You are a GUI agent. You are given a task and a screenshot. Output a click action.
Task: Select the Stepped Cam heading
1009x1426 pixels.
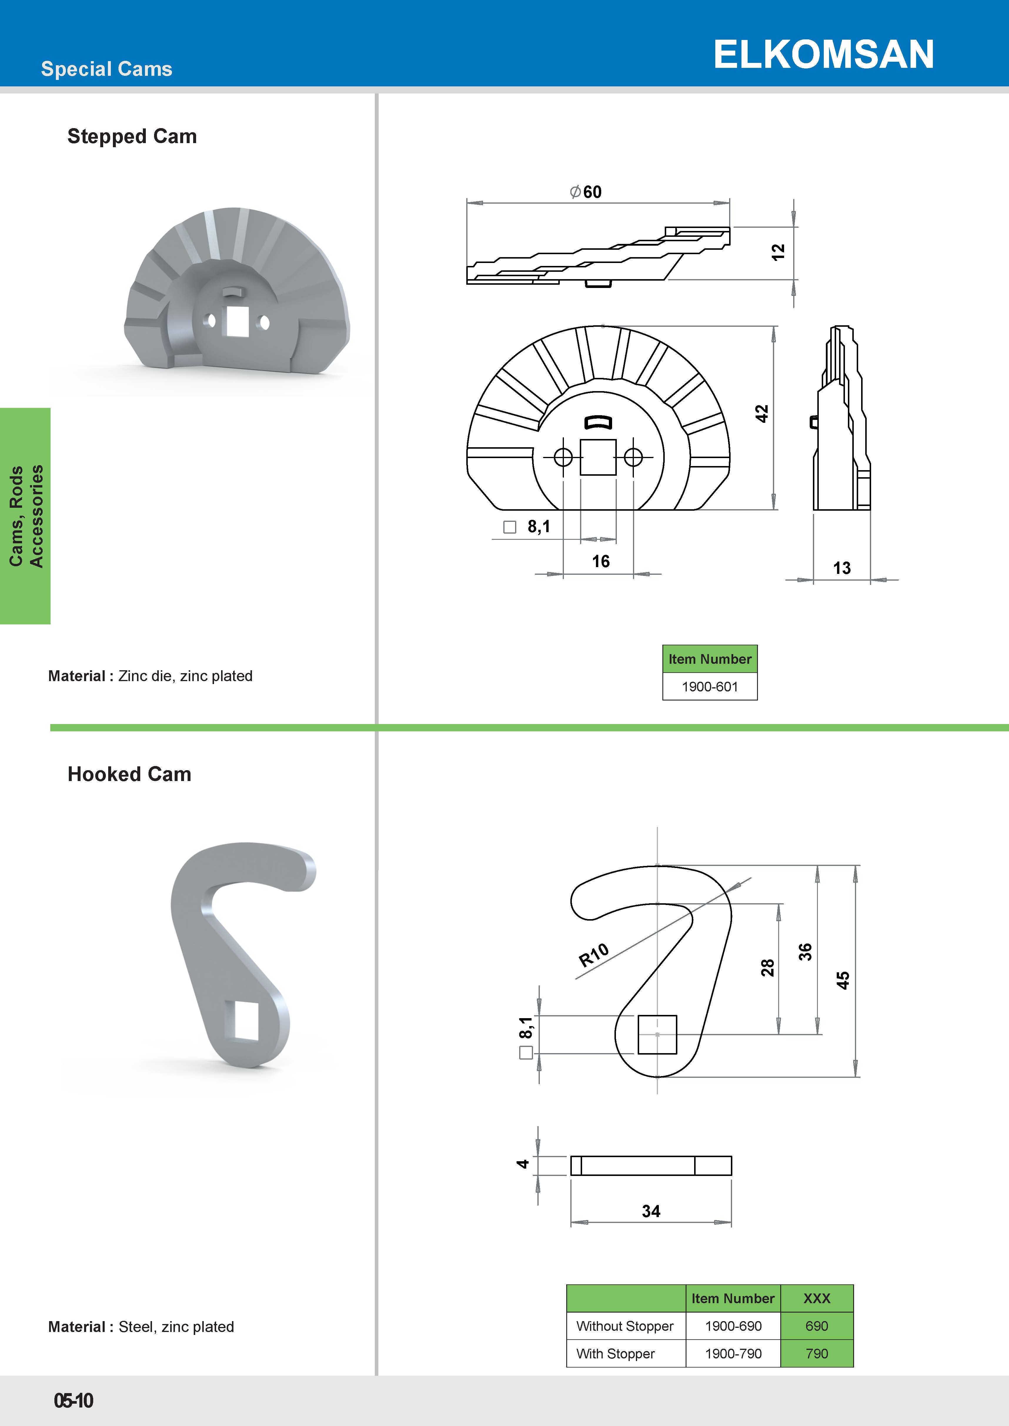click(x=132, y=136)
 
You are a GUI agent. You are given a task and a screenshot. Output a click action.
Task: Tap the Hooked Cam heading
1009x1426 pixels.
click(x=129, y=774)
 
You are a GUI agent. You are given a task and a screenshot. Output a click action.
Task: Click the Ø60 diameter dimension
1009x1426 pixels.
click(x=585, y=192)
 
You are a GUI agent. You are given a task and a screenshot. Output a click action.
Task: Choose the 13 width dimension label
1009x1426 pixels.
click(x=842, y=568)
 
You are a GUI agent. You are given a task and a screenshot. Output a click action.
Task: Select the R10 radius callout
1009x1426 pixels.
click(x=593, y=955)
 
